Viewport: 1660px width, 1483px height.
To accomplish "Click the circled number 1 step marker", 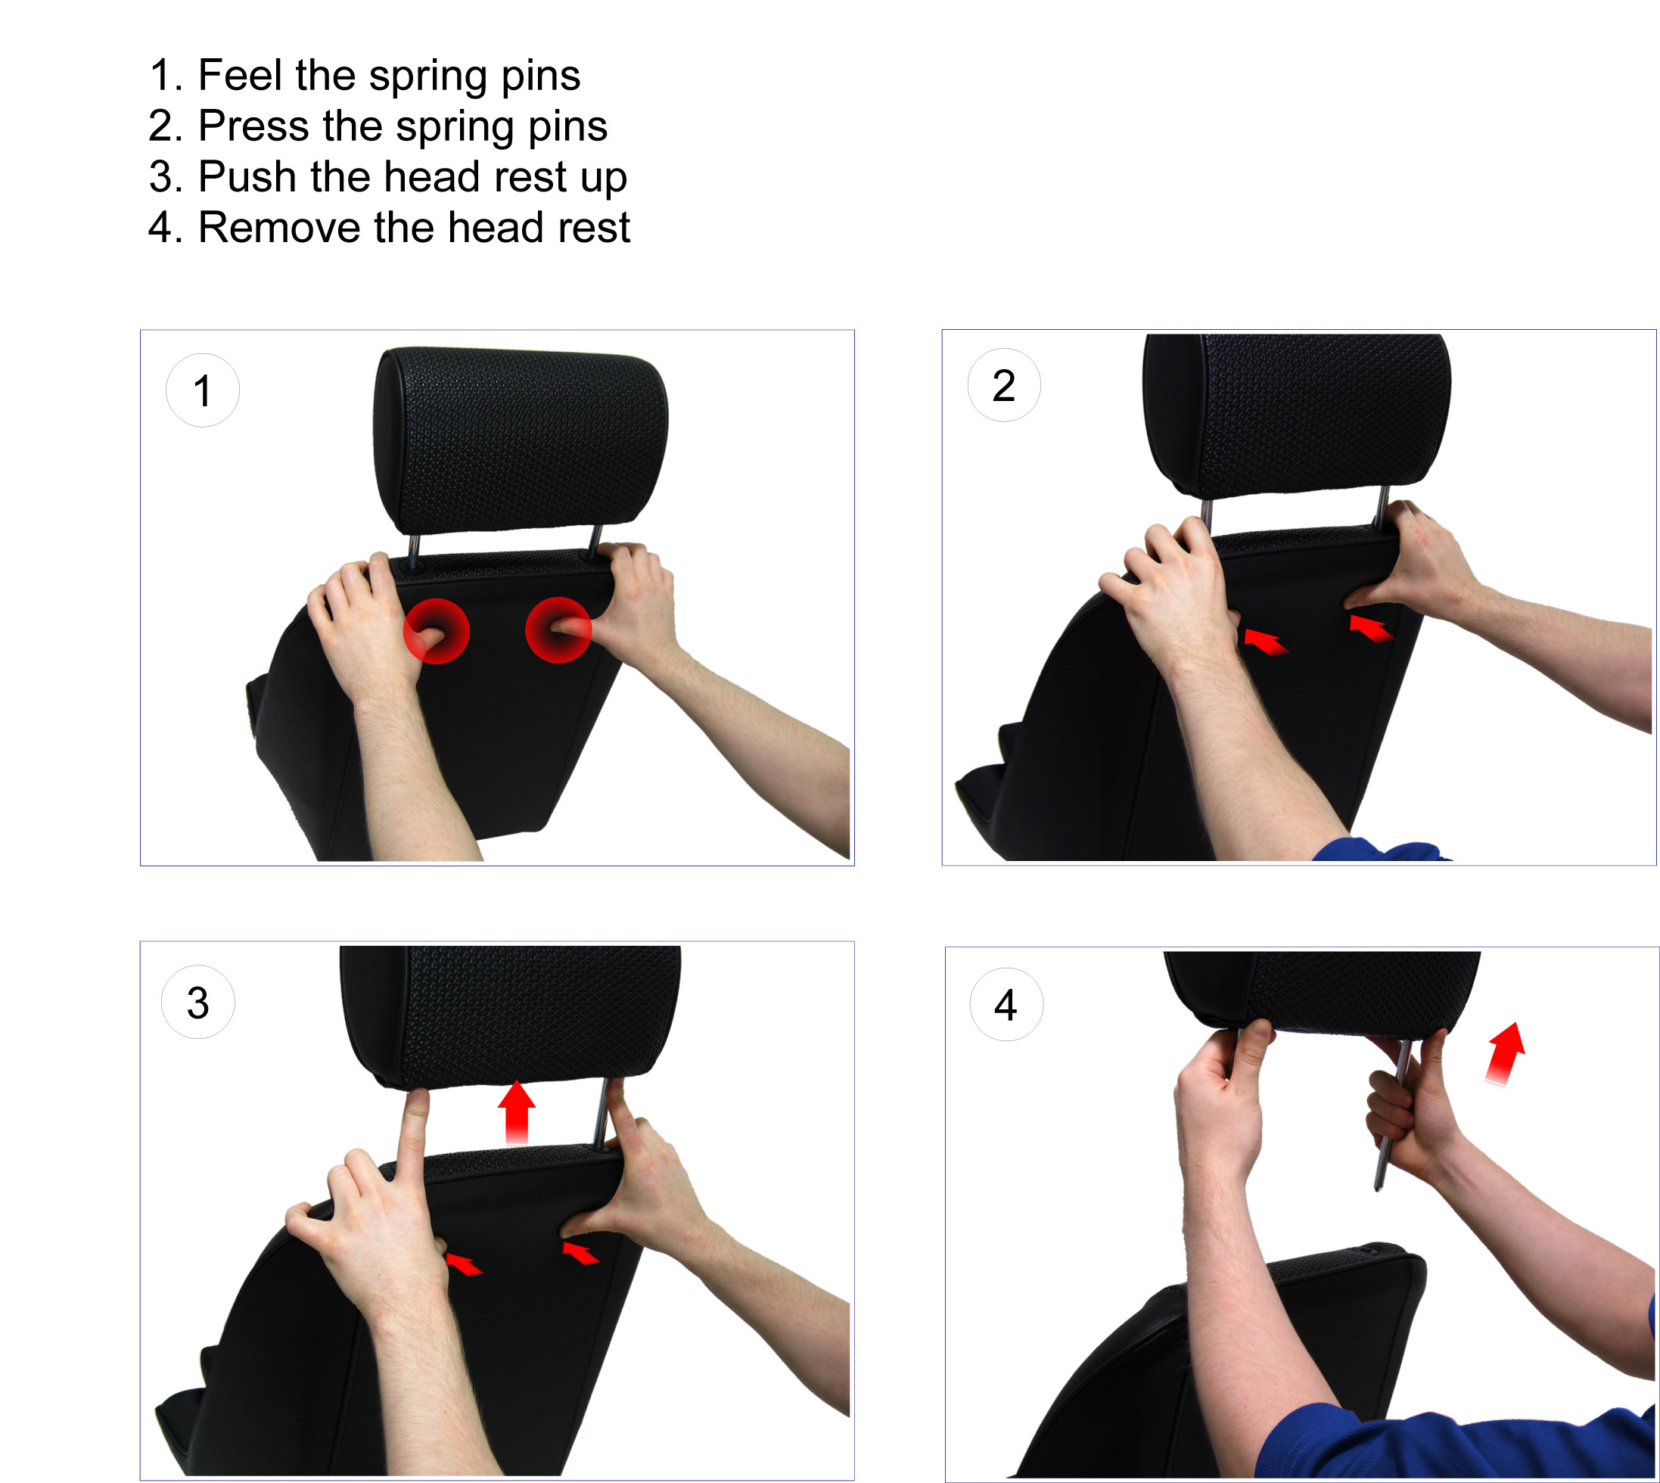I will pos(202,390).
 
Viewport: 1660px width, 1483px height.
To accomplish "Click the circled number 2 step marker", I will pos(1003,384).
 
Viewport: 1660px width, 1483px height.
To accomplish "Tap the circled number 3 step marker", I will pos(198,1003).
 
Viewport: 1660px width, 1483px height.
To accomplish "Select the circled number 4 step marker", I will pos(1006,1005).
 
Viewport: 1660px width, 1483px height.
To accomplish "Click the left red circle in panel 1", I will pos(436,631).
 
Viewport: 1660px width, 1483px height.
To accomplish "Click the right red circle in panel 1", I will pos(558,629).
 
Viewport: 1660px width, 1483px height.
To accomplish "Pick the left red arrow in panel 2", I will pos(1265,643).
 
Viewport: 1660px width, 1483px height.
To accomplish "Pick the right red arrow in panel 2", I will pos(1371,627).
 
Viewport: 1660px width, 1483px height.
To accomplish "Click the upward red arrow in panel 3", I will pos(517,1111).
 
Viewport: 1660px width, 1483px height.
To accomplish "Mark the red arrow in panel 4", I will pos(1504,1052).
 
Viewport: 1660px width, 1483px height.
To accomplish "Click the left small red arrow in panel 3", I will pos(464,1264).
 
